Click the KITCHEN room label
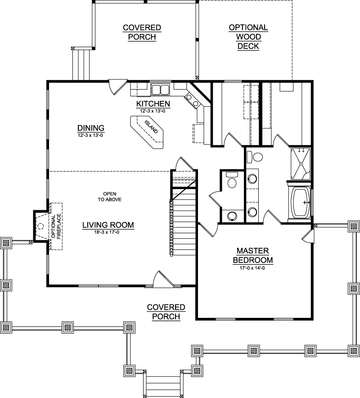[153, 104]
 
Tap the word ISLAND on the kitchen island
[151, 127]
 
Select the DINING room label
[90, 128]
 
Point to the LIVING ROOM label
[108, 225]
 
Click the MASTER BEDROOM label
[253, 255]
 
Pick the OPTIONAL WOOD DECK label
[248, 37]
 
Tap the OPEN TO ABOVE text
[110, 197]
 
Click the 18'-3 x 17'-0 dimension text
[108, 232]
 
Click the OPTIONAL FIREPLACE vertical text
[56, 226]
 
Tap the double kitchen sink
[160, 90]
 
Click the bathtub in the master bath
[300, 203]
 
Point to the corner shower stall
[301, 164]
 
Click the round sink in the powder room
[232, 216]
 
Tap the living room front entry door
[163, 279]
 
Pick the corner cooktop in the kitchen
[192, 100]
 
